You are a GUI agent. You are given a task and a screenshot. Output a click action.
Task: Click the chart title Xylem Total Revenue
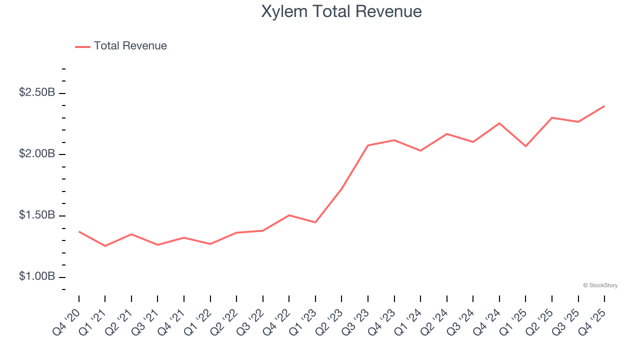tap(341, 11)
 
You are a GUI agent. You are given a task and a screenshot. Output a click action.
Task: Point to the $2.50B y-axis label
tap(37, 92)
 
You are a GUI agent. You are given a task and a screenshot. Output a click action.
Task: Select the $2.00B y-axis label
tap(37, 153)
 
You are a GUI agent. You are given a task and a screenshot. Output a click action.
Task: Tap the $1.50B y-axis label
tap(37, 215)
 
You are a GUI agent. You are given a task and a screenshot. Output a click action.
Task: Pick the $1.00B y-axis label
tap(37, 276)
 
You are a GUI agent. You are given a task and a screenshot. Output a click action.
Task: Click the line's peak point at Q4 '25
tap(604, 106)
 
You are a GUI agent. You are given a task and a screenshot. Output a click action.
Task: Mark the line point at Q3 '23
tap(368, 145)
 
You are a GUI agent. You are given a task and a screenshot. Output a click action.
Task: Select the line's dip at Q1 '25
tap(525, 146)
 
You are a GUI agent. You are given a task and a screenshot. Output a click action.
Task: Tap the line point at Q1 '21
tap(105, 246)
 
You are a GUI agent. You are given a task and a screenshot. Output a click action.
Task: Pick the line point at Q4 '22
tap(289, 215)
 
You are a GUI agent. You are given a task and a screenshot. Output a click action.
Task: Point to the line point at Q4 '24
tap(499, 123)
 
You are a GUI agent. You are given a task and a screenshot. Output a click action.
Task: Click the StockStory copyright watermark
tap(600, 285)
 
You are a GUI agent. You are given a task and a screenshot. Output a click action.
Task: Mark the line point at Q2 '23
tap(341, 188)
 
